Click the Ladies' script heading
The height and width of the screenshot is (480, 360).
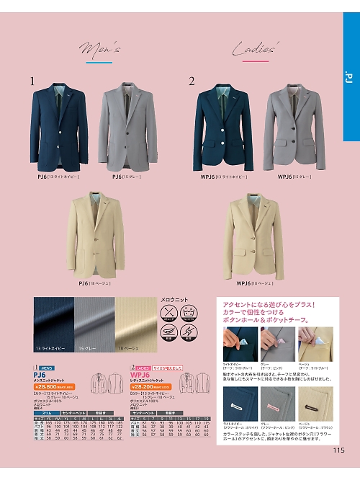click(x=255, y=50)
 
